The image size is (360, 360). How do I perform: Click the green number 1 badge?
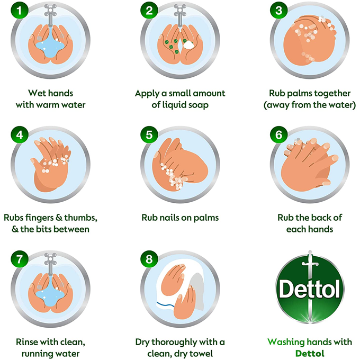[x=20, y=11]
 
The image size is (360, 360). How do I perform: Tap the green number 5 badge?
[x=149, y=135]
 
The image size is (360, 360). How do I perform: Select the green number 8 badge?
[x=149, y=259]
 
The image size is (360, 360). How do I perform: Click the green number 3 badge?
[x=278, y=11]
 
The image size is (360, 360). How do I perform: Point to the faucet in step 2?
[x=180, y=15]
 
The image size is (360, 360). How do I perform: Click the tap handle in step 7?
[x=50, y=257]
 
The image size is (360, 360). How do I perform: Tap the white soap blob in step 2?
[x=188, y=45]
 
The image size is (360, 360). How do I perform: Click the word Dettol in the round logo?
[x=310, y=289]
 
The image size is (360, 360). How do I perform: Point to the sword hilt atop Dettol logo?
[x=310, y=262]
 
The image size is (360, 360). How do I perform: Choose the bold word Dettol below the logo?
[x=310, y=353]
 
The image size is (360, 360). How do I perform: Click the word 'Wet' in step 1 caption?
[x=37, y=93]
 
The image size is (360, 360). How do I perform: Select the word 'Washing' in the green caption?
[x=286, y=342]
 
